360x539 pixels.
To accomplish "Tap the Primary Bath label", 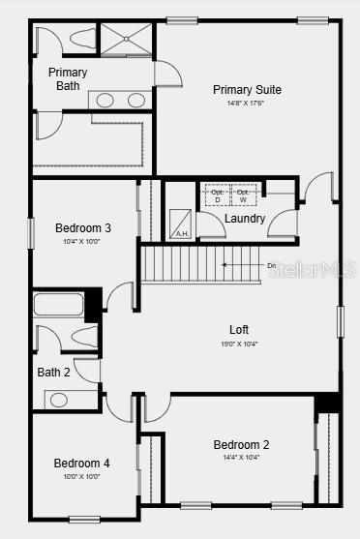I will (x=68, y=79).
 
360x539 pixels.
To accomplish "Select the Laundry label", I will (x=245, y=219).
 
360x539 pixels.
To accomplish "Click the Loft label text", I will (x=239, y=329).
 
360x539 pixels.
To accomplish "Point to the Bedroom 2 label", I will (x=241, y=445).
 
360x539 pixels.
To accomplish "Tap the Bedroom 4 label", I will (x=81, y=464).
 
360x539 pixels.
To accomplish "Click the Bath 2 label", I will (x=54, y=372).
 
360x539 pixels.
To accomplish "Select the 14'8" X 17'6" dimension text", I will (x=246, y=104).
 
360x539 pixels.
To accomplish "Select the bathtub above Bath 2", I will (x=59, y=306).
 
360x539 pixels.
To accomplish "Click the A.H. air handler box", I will (x=181, y=225).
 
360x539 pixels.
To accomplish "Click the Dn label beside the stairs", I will (x=272, y=264).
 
